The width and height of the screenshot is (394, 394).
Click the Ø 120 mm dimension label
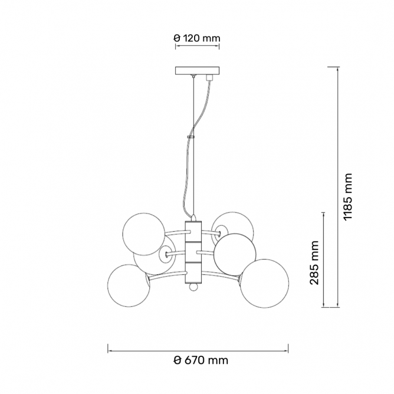197,38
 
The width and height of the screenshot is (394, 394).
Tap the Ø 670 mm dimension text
201,360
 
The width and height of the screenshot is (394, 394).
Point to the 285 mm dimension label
314,262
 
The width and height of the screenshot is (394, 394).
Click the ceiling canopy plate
197,70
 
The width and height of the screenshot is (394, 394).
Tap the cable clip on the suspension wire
191,137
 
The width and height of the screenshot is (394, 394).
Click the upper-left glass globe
144,234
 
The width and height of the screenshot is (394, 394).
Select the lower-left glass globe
129,285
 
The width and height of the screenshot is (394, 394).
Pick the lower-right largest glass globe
264,284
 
